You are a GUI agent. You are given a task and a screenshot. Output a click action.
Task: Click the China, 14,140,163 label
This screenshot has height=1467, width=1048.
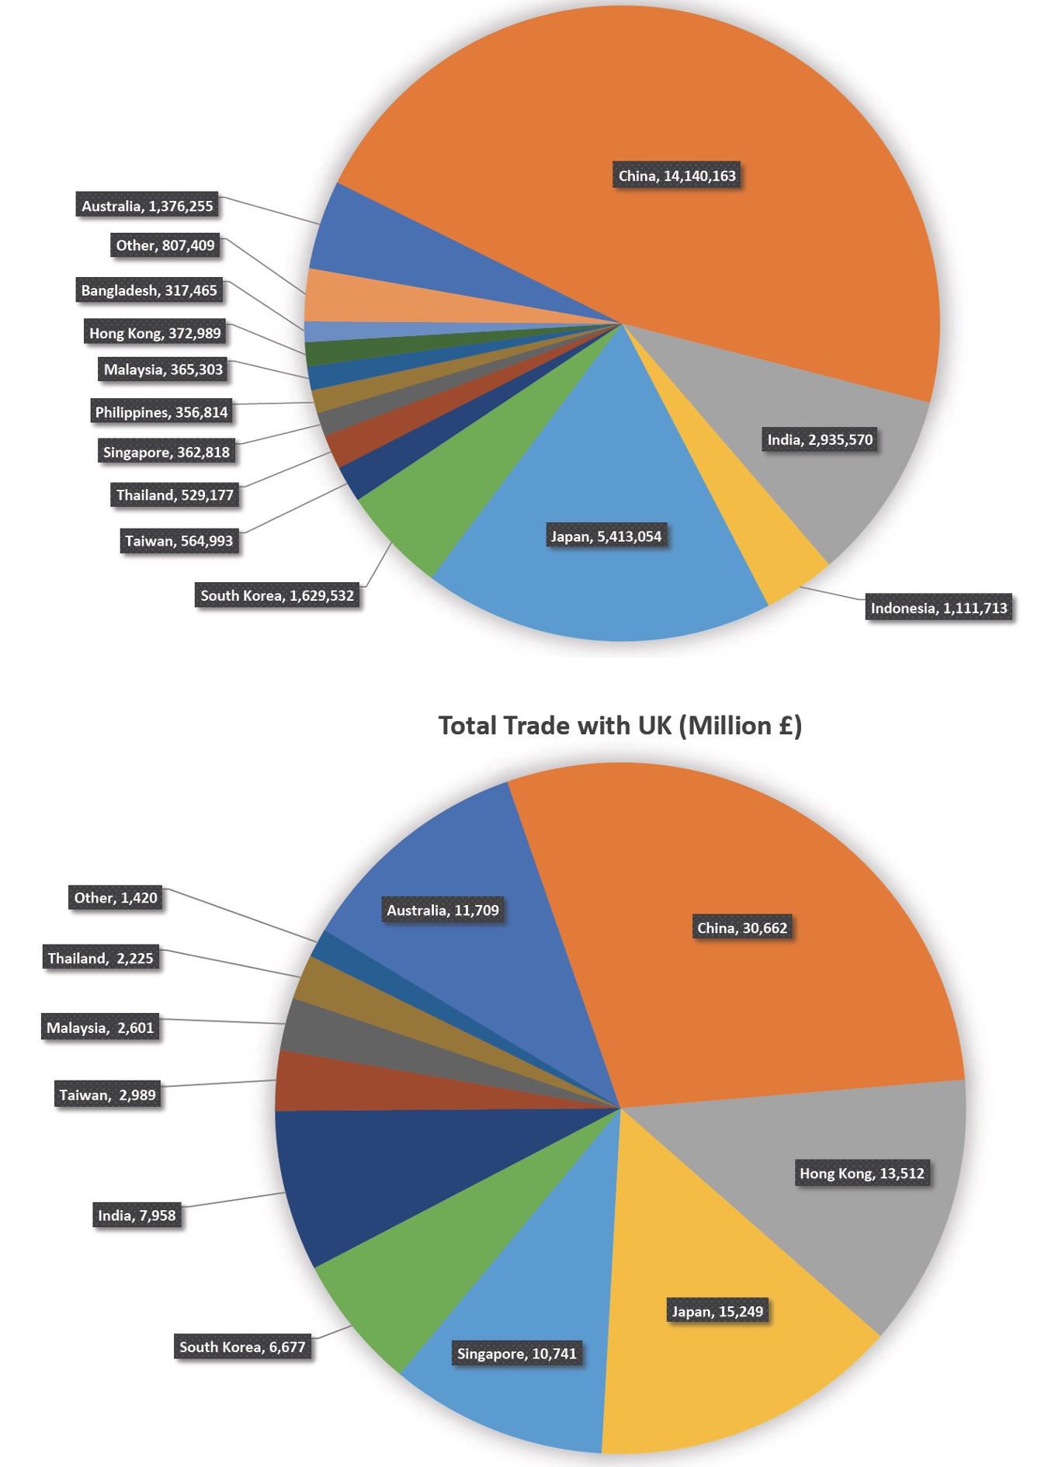tap(677, 176)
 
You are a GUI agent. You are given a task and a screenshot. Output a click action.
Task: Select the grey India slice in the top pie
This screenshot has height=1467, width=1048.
tap(838, 481)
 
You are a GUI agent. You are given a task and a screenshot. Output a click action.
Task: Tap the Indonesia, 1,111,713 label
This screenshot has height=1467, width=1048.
tap(939, 608)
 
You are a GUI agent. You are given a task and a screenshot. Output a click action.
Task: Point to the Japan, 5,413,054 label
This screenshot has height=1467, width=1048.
tap(606, 536)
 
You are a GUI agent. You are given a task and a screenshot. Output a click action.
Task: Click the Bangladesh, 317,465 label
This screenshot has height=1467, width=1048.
tap(149, 290)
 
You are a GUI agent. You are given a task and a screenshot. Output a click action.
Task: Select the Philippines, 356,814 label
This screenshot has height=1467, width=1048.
tap(161, 412)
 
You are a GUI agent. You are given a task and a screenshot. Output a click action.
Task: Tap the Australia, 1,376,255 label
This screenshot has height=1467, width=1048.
tap(147, 206)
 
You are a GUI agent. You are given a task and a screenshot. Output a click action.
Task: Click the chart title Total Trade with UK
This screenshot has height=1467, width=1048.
tap(619, 726)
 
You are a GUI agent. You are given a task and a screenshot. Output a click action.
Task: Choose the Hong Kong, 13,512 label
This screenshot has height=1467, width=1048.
tap(862, 1173)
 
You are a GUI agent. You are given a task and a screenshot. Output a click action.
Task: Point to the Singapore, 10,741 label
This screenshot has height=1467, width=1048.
tap(517, 1354)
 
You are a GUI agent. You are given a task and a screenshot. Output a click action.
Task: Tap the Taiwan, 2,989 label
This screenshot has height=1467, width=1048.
tap(108, 1094)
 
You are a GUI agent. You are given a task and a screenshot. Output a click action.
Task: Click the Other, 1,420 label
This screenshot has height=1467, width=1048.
tap(116, 897)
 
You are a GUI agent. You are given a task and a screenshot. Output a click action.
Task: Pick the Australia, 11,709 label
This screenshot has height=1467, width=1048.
tap(443, 910)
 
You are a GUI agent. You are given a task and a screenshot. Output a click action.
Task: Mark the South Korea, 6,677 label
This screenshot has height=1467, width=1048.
tap(242, 1347)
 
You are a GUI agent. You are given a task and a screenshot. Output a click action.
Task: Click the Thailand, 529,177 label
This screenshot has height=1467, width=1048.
tap(175, 495)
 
